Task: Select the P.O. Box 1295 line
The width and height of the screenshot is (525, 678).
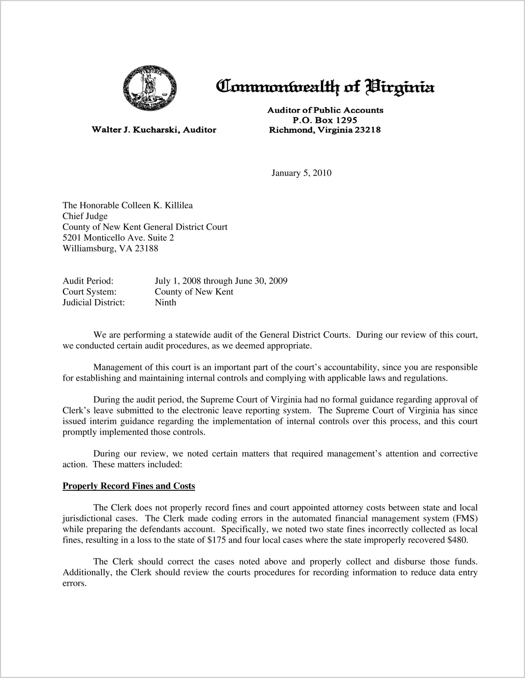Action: point(325,120)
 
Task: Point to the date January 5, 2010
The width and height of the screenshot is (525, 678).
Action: point(302,173)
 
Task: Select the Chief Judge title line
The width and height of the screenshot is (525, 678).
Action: point(85,216)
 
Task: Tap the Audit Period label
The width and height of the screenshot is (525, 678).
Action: point(88,281)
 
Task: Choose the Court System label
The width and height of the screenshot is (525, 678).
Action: point(89,292)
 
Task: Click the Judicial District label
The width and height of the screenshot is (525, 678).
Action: point(93,303)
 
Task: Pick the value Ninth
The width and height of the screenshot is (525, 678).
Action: point(165,303)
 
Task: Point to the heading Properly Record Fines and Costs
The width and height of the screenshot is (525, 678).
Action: point(129,486)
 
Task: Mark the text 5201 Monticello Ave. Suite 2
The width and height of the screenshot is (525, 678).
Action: point(118,238)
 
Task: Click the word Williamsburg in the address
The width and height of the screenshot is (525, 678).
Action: point(88,249)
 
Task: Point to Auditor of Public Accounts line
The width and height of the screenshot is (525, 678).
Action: point(325,110)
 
